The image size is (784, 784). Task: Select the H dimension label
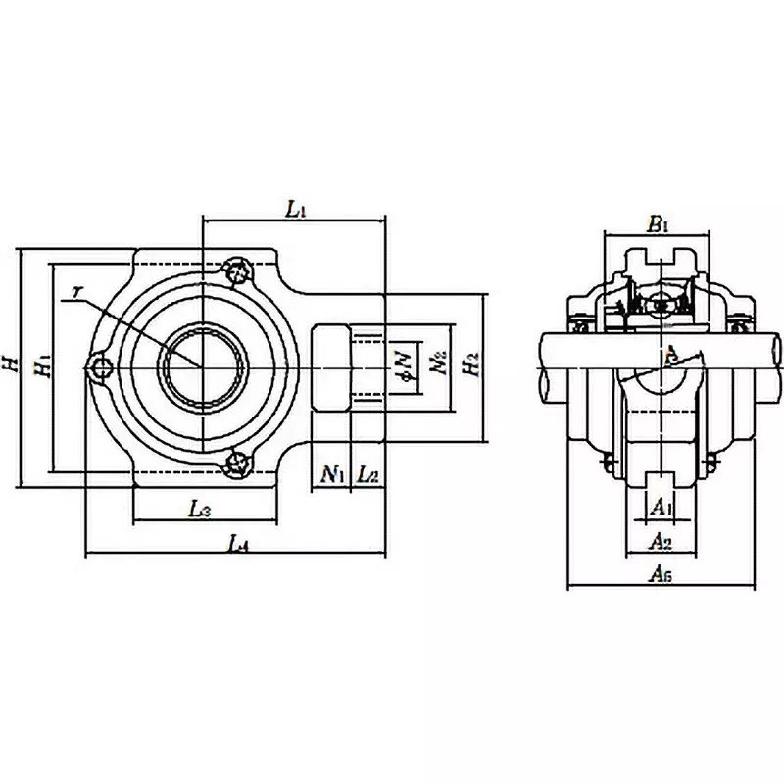[11, 365]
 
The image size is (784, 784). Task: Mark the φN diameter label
[402, 364]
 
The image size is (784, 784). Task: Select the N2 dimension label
[437, 364]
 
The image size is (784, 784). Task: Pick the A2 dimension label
[661, 541]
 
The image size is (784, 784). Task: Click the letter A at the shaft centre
[670, 354]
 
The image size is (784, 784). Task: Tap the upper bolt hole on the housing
[237, 270]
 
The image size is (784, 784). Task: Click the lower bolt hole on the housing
[237, 464]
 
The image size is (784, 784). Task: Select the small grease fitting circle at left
[99, 367]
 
